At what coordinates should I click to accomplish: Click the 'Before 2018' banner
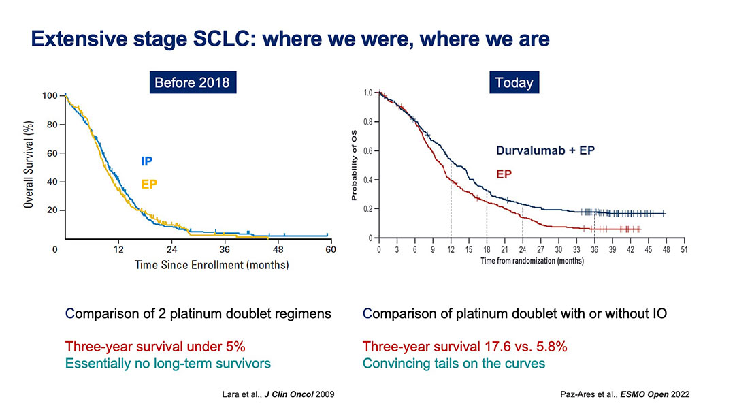click(193, 82)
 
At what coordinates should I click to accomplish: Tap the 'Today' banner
click(514, 82)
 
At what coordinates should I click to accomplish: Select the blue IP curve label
click(147, 161)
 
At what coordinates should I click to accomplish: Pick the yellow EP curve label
click(149, 185)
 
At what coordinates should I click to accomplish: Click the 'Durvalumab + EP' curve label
click(545, 150)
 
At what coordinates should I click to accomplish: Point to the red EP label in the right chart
click(504, 174)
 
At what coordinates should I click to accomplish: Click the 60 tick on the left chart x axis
click(331, 249)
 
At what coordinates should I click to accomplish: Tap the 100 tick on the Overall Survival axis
click(50, 95)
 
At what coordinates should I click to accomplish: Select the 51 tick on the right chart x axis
click(684, 250)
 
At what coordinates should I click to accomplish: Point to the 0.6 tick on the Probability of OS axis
click(368, 151)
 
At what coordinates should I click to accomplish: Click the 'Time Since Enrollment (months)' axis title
click(212, 265)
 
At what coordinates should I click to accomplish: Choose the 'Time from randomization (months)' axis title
click(532, 261)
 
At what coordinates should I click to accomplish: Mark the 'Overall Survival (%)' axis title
click(29, 164)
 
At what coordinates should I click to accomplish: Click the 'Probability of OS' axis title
click(354, 165)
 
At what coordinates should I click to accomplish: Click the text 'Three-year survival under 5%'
click(155, 347)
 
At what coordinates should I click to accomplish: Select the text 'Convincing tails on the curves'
click(454, 364)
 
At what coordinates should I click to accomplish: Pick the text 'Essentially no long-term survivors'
click(168, 364)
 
